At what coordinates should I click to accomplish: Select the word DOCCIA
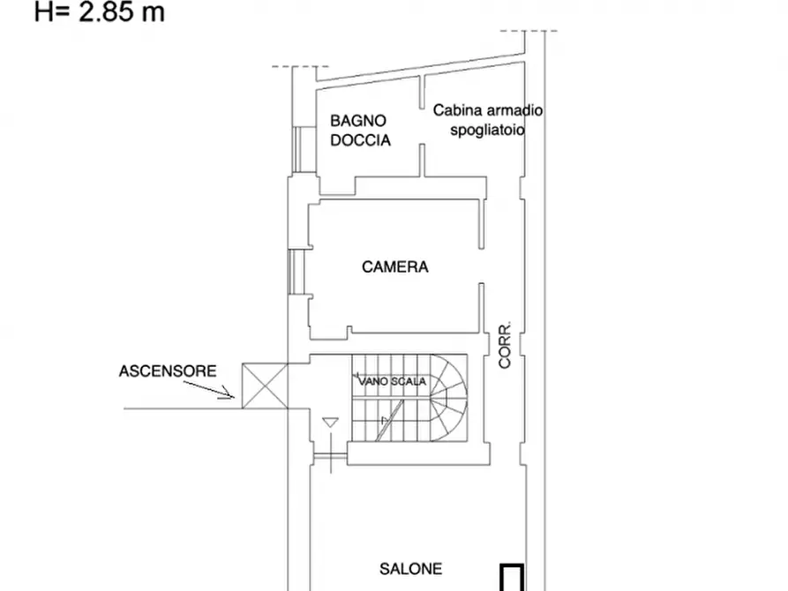[x=360, y=139]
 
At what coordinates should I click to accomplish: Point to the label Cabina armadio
[x=488, y=110]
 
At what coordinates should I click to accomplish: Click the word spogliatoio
[x=487, y=129]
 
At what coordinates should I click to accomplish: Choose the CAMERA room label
[x=394, y=266]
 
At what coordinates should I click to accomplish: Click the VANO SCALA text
[x=392, y=382]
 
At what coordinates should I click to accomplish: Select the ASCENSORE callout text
[x=167, y=371]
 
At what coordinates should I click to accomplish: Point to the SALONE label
[x=411, y=570]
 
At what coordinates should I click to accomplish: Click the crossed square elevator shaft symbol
[x=264, y=387]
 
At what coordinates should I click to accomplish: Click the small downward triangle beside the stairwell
[x=329, y=423]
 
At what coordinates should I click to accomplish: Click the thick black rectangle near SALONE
[x=513, y=578]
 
